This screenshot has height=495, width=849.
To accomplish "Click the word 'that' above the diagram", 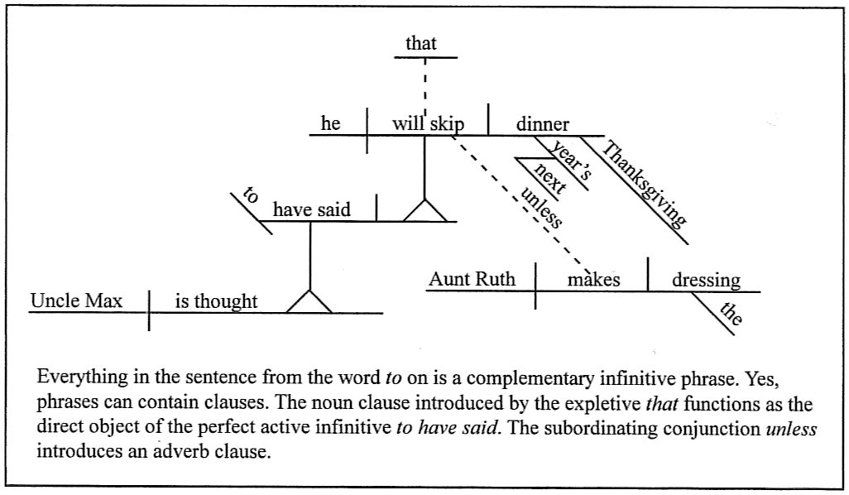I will [420, 44].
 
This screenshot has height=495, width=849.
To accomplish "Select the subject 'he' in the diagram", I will [330, 124].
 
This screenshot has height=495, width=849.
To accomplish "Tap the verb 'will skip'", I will [428, 124].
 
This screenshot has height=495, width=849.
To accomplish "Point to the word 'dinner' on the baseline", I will [543, 124].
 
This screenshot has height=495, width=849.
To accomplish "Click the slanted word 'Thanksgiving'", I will [645, 185].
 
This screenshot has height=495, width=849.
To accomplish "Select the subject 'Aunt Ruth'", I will [472, 280].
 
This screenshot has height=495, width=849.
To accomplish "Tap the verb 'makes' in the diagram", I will [593, 280].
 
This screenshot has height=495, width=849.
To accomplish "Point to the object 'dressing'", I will [706, 280].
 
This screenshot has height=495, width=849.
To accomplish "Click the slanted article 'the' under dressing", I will [729, 314].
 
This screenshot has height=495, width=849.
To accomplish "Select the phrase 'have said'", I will [311, 210].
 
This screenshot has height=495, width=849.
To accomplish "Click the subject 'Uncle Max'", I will [76, 301].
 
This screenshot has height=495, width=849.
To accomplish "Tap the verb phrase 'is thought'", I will [216, 301].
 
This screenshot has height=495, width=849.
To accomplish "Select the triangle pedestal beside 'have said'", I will [424, 211].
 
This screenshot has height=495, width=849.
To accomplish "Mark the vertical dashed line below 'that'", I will [424, 87].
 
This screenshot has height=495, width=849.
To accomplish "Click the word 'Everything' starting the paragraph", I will [77, 377].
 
